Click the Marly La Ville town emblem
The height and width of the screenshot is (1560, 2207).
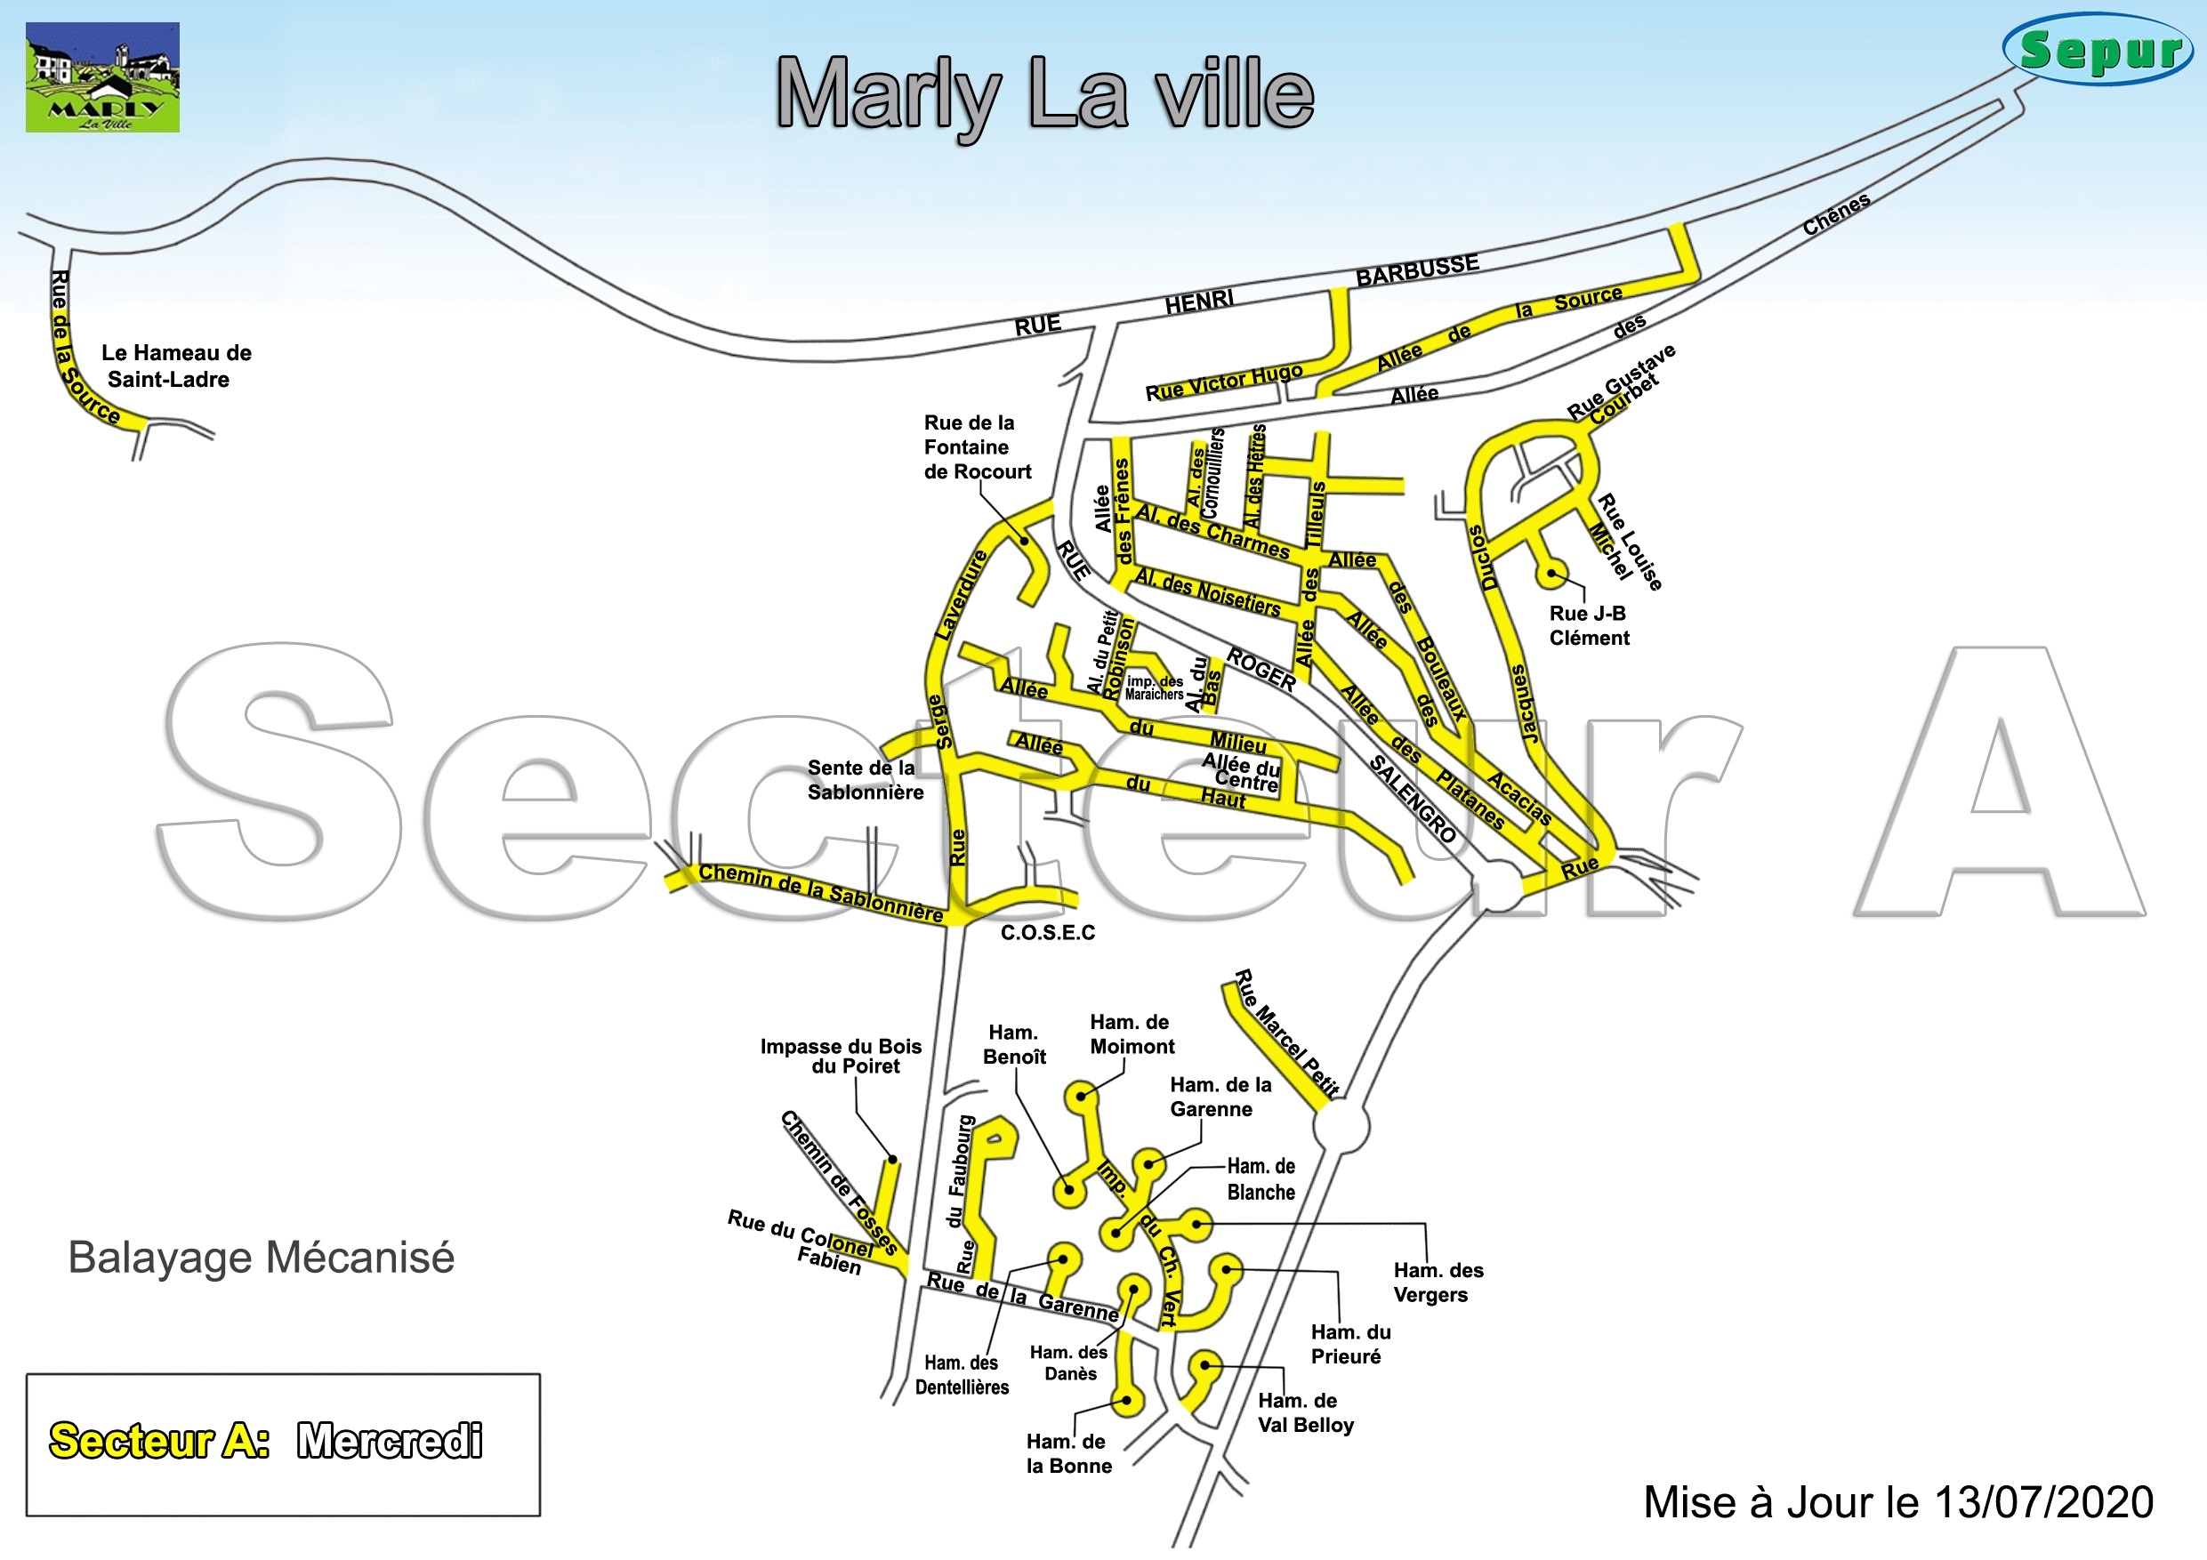coord(102,76)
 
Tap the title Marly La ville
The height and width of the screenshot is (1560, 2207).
coord(1045,94)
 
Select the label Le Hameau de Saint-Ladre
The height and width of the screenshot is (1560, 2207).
coord(175,366)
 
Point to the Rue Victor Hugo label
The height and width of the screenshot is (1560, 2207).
coord(1224,382)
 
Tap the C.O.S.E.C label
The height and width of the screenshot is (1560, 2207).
coord(1048,933)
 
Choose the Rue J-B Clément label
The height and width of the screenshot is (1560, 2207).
coord(1588,626)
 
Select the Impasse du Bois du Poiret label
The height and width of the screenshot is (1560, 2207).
coord(842,1057)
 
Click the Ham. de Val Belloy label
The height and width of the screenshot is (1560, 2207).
coord(1305,1413)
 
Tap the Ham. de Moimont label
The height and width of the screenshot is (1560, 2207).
coord(1132,1034)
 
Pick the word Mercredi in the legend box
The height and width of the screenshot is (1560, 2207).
coord(390,1441)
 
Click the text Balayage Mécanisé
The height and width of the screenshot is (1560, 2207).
coord(261,1258)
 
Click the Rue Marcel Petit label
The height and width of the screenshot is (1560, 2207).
coord(1285,1034)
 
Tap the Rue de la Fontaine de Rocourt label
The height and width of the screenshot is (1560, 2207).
coord(977,447)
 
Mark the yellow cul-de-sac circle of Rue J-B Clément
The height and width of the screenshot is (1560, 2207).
coord(1550,575)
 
